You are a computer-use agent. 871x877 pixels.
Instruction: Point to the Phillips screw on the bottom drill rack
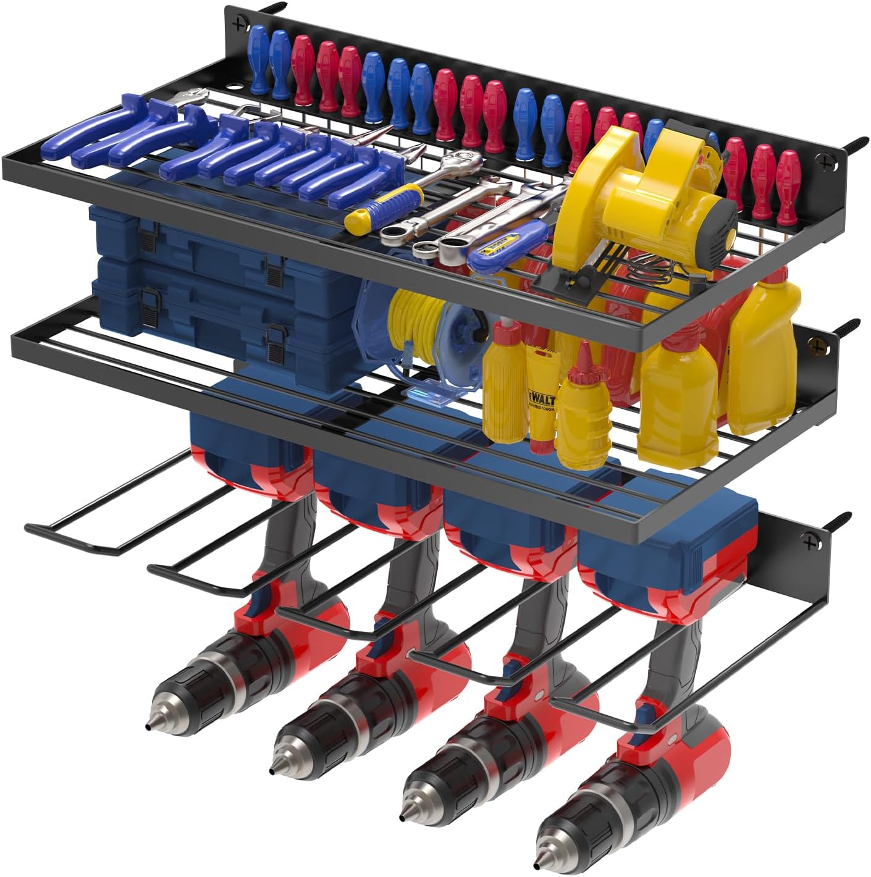809,542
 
